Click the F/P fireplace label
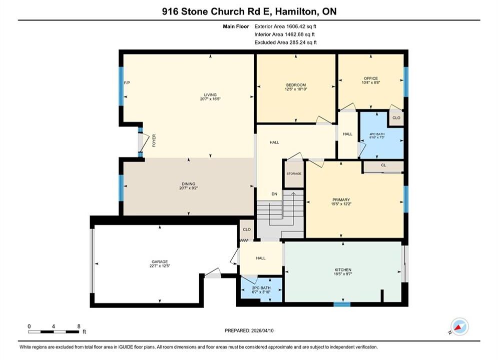click(127, 83)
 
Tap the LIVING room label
click(210, 94)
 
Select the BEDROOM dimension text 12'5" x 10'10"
click(296, 89)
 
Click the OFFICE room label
click(371, 78)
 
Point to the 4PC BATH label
click(377, 134)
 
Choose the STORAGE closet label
click(294, 173)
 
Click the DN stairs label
click(274, 194)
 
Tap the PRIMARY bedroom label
click(341, 200)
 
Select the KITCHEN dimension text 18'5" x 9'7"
click(343, 273)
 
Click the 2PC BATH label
click(261, 288)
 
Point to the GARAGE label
click(160, 262)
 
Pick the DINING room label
click(189, 184)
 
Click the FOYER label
click(154, 140)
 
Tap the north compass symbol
click(459, 326)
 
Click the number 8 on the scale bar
click(79, 326)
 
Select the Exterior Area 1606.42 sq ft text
click(285, 26)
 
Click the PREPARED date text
click(249, 330)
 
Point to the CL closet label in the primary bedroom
click(383, 165)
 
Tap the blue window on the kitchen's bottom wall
click(342, 304)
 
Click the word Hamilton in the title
click(296, 11)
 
